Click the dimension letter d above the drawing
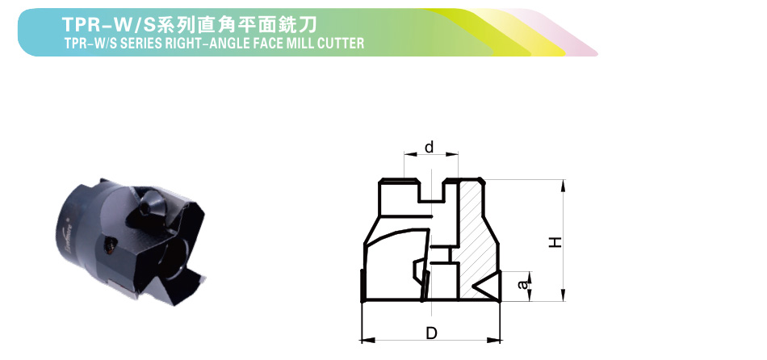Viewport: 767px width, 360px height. point(429,147)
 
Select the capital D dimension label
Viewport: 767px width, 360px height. point(431,333)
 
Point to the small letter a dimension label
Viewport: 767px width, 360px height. point(524,283)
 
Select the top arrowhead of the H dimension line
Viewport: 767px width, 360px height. point(563,186)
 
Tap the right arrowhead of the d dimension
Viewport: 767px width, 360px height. point(452,154)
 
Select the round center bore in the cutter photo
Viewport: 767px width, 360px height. point(174,258)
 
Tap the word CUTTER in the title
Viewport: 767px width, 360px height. point(340,43)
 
